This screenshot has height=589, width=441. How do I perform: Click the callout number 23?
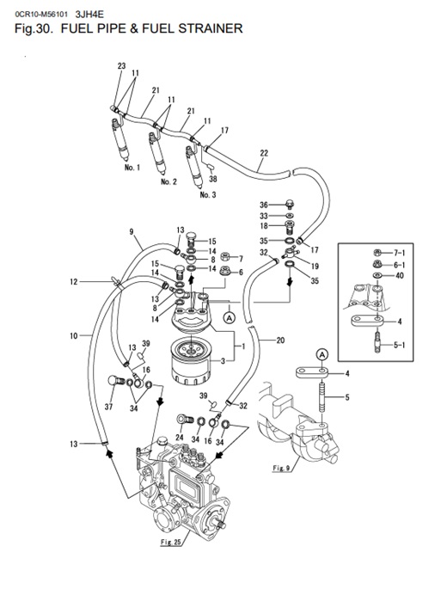121,66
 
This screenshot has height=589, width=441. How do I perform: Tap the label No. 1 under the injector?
132,168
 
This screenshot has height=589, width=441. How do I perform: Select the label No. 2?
168,181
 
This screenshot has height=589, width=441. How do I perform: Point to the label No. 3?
207,195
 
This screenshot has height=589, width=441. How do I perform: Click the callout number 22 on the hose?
263,153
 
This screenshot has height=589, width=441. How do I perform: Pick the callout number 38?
212,180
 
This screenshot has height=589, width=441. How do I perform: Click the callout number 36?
265,204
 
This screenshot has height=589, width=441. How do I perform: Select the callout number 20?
279,340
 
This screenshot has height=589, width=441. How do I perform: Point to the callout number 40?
399,276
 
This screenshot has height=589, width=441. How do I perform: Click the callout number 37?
109,406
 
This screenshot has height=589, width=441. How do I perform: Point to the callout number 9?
132,230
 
